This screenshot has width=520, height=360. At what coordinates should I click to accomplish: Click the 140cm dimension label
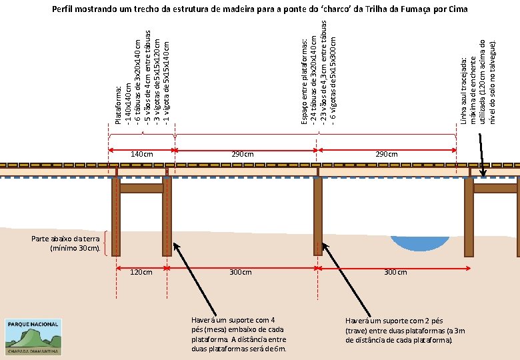tap(141, 155)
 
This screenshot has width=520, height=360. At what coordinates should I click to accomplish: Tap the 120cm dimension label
tap(141, 272)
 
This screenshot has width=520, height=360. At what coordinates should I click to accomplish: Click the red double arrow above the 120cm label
tap(141, 267)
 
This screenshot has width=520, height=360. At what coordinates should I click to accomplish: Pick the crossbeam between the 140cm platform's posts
tap(141, 189)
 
